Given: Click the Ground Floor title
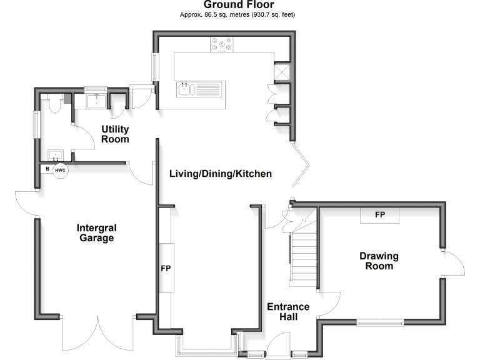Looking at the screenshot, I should click(239, 5).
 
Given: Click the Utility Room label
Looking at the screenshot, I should click(115, 134).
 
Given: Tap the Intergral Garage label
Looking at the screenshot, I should click(96, 232).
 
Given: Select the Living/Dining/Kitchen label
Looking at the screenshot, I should click(221, 174).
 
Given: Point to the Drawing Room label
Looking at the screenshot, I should click(379, 261).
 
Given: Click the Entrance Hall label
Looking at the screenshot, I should click(288, 312).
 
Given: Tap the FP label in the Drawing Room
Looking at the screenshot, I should click(379, 215).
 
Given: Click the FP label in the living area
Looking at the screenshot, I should click(166, 269).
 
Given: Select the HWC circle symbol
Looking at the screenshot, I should click(60, 170).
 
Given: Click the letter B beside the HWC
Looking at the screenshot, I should click(47, 169).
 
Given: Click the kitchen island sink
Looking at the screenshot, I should click(186, 90).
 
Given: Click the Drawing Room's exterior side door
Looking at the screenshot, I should click(454, 264).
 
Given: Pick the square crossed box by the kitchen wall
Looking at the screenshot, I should click(281, 72).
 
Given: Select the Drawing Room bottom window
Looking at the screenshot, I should click(380, 323).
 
